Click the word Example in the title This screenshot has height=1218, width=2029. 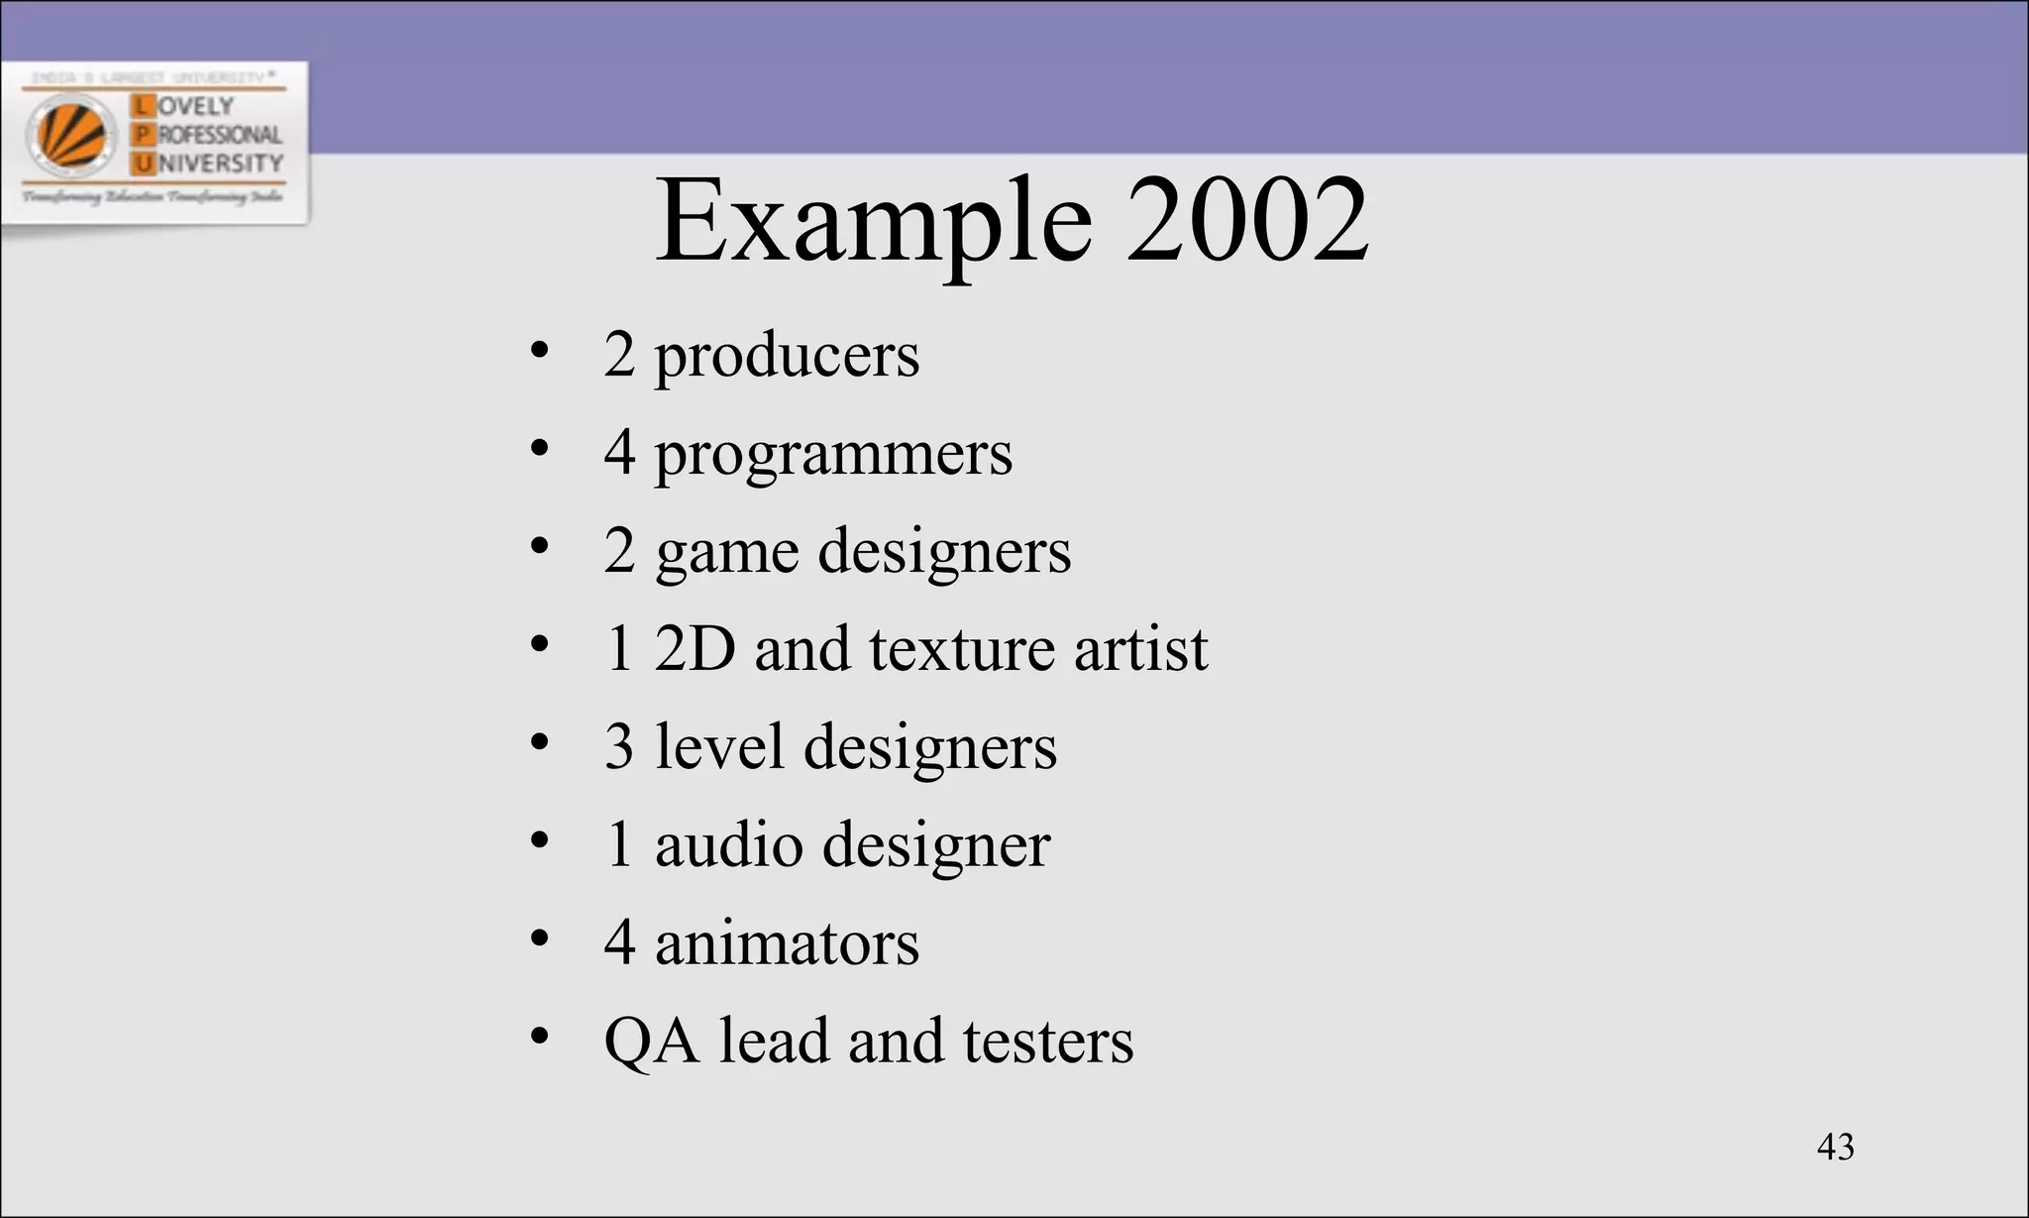pos(874,223)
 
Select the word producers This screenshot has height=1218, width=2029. pos(787,357)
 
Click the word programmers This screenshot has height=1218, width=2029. pos(833,455)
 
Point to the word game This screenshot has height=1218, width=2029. pos(726,553)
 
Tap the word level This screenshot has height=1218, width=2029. pos(720,746)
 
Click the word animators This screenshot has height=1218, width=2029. pos(787,942)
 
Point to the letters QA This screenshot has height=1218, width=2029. pos(651,1042)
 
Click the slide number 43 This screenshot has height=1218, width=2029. pos(1835,1147)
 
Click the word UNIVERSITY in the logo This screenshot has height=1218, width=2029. pos(220,163)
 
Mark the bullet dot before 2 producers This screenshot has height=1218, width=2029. pos(539,352)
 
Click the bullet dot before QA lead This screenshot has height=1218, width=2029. pos(539,1037)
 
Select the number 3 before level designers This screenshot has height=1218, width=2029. pos(619,746)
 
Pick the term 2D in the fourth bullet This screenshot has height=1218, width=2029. pos(694,649)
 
